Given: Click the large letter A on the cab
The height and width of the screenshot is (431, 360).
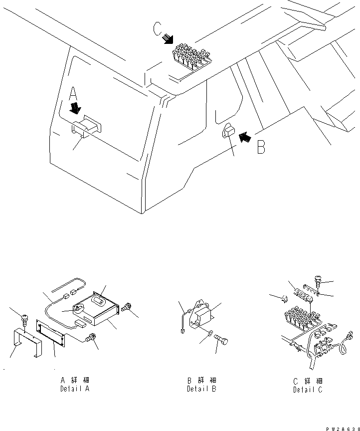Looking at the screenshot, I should (x=73, y=94).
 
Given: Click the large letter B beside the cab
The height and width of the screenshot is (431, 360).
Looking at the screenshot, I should (x=261, y=147).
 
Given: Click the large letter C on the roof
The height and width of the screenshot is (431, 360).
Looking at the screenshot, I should (x=158, y=30).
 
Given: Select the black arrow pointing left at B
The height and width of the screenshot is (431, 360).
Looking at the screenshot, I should (x=244, y=136).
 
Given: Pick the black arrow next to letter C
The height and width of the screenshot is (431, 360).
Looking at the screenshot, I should (x=169, y=39).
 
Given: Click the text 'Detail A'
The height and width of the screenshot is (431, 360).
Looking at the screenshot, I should (x=75, y=389).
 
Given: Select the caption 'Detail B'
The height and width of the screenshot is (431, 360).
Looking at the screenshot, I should (x=201, y=389).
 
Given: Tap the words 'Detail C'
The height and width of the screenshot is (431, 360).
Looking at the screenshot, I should (x=308, y=390).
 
